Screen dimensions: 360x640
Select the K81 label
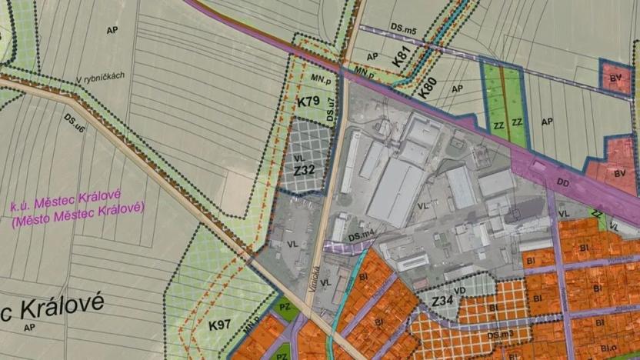tap(399, 56)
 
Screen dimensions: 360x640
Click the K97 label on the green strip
tap(218, 325)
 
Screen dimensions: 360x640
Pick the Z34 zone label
tap(442, 301)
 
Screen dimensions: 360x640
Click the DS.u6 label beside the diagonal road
tap(75, 119)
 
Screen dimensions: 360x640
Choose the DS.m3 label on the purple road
tap(500, 335)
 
